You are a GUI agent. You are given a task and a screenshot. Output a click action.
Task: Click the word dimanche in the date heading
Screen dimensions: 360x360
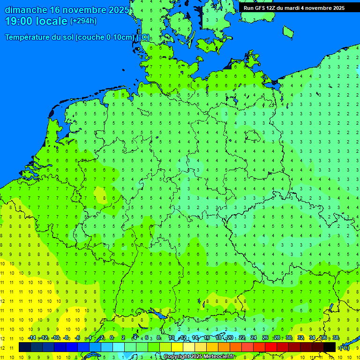click(25, 10)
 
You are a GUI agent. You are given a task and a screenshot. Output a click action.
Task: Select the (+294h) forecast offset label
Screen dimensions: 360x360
click(83, 21)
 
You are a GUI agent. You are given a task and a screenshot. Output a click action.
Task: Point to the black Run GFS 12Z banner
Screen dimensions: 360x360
click(294, 7)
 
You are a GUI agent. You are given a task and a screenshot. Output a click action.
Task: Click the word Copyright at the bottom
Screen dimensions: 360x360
click(176, 357)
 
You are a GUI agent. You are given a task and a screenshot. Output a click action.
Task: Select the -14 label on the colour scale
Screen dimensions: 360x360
click(32, 338)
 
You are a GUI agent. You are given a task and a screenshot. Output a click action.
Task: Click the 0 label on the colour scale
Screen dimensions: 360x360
click(112, 338)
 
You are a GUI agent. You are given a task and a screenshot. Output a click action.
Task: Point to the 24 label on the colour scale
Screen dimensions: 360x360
click(253, 338)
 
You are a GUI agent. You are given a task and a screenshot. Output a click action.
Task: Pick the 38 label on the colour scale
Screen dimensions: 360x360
click(336, 338)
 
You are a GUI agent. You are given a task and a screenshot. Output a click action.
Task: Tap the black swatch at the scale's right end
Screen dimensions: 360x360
click(330, 347)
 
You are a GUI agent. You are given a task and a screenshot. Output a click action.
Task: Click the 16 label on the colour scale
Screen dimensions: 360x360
click(207, 338)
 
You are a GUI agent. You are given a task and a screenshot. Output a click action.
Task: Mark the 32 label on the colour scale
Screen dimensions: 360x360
click(300, 338)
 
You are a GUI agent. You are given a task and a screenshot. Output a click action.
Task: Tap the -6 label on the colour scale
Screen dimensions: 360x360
click(78, 338)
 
